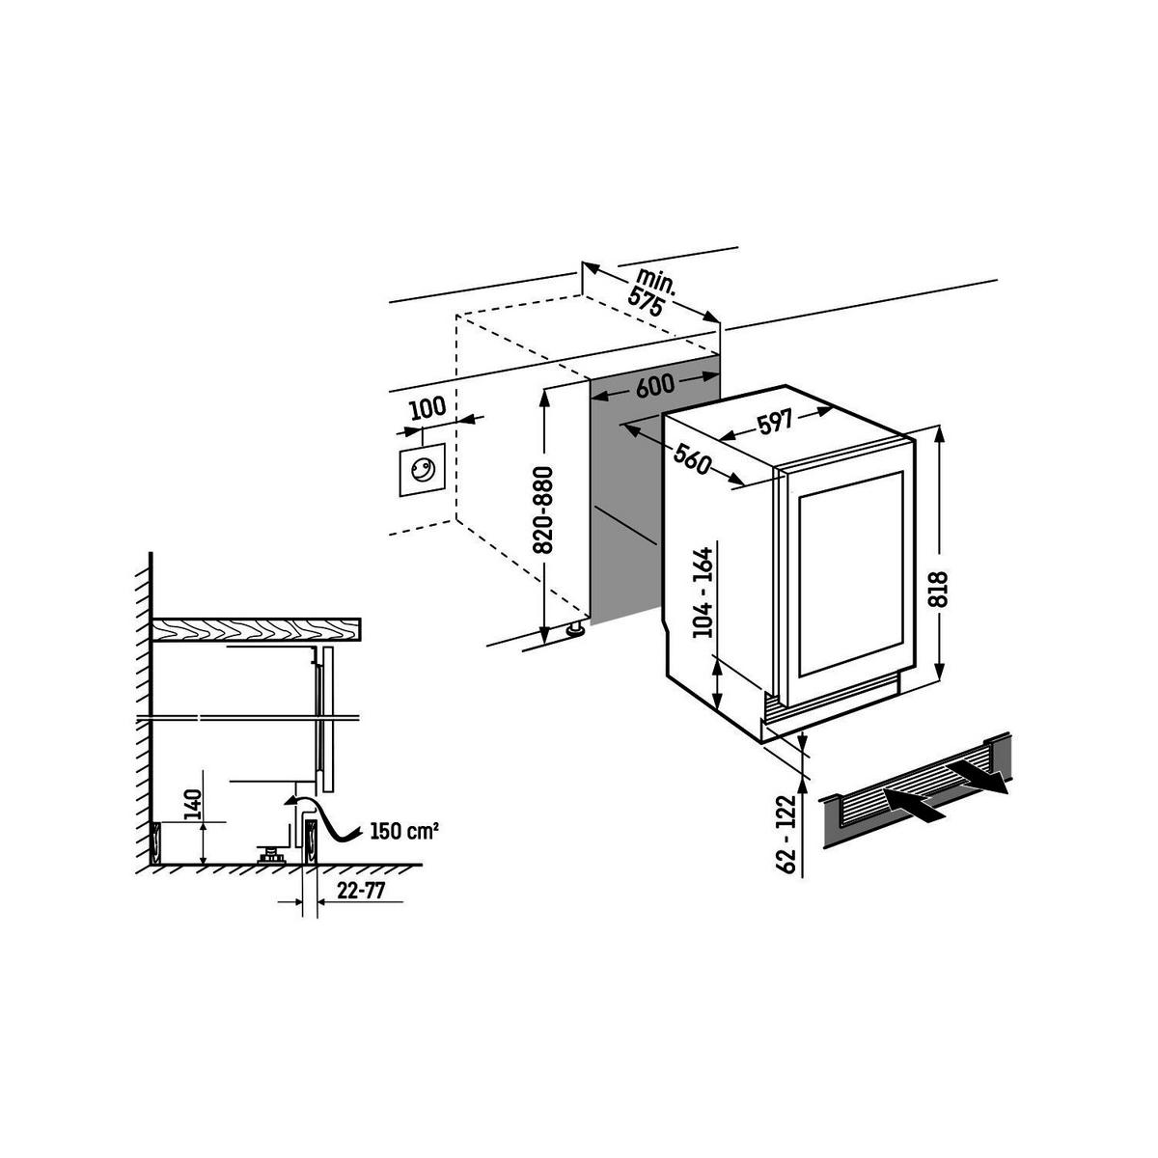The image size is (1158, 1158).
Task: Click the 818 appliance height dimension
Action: pos(941,589)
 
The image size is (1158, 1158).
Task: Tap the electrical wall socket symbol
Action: pos(422,470)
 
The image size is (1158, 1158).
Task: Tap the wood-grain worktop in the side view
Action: pos(256,629)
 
